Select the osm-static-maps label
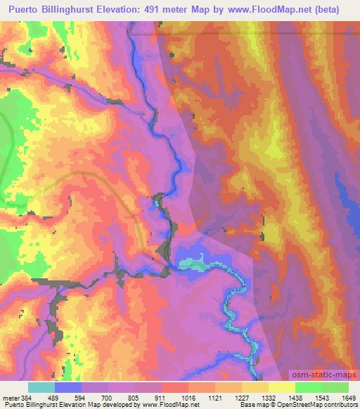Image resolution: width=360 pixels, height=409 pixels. coord(321,375)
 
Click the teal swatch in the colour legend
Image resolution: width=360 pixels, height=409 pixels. coord(41,387)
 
